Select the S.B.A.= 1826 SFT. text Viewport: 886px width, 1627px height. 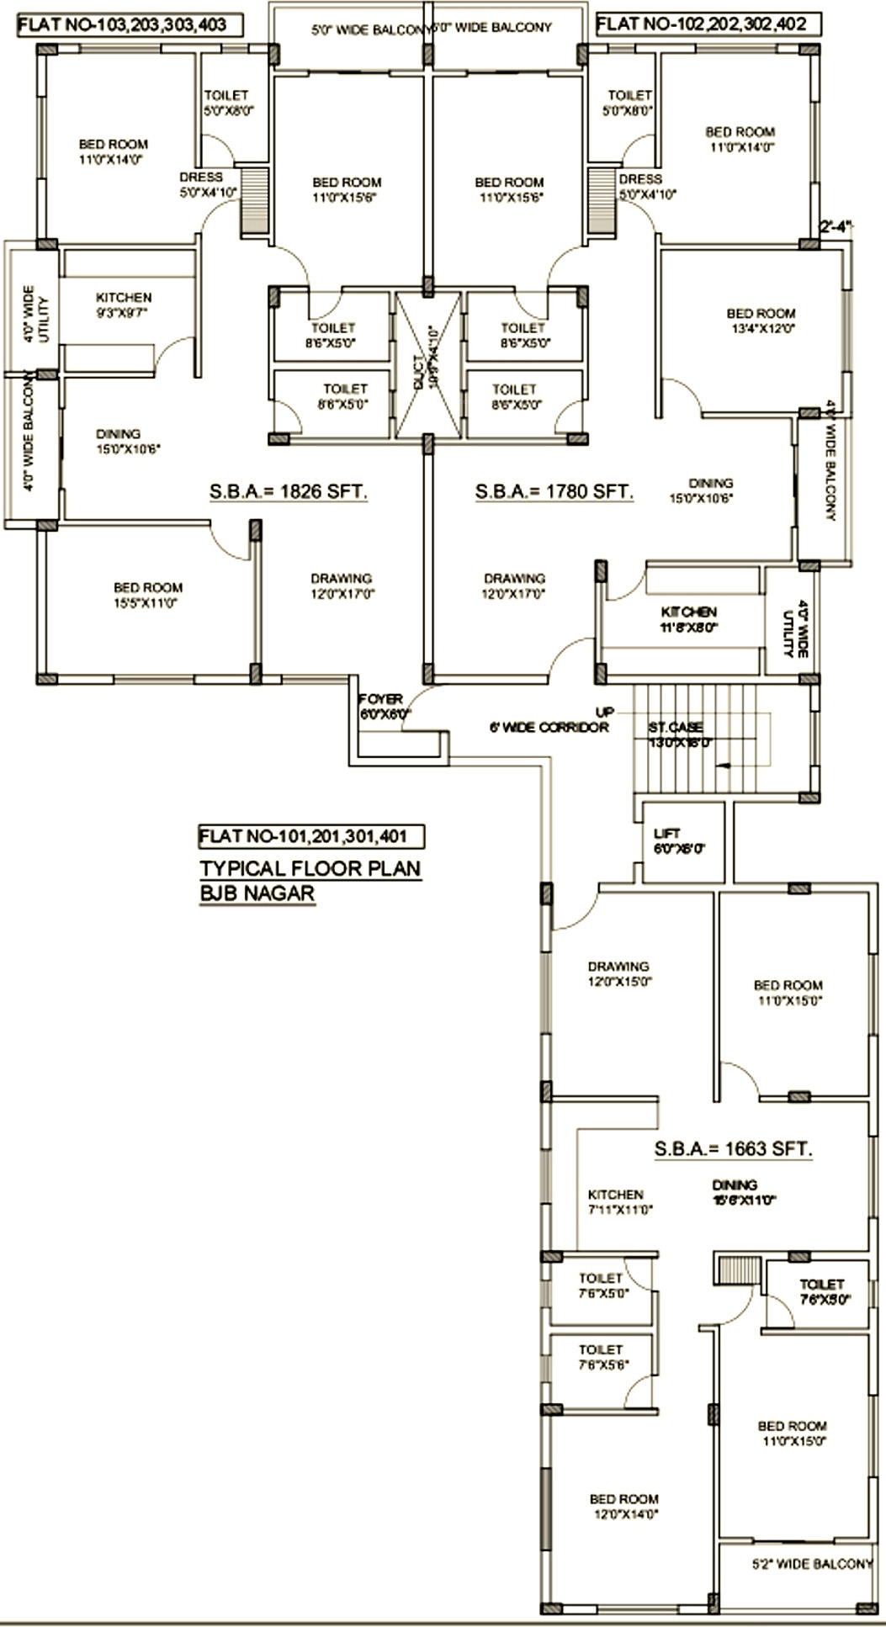pos(289,491)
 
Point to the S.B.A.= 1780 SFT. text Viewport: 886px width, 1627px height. pos(554,491)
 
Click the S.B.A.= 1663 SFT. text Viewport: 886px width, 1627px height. pos(733,1148)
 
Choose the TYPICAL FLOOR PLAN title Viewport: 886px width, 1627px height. pos(310,868)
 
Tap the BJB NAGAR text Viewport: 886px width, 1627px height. pos(257,893)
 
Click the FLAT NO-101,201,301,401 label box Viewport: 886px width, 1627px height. pos(310,836)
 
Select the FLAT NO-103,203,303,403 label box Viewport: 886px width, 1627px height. pos(130,24)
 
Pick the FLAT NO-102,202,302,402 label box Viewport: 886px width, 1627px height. pos(708,24)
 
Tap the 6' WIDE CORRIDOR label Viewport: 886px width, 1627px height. pos(549,727)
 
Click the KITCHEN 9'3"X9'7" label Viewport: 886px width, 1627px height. pos(124,305)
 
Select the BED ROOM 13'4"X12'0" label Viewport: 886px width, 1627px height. pos(761,321)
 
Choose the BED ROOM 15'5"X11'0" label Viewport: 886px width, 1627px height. pos(148,595)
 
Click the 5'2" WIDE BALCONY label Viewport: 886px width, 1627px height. pos(812,1564)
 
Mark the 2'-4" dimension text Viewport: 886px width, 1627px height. pos(836,226)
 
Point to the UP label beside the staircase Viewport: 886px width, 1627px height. pos(605,712)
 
